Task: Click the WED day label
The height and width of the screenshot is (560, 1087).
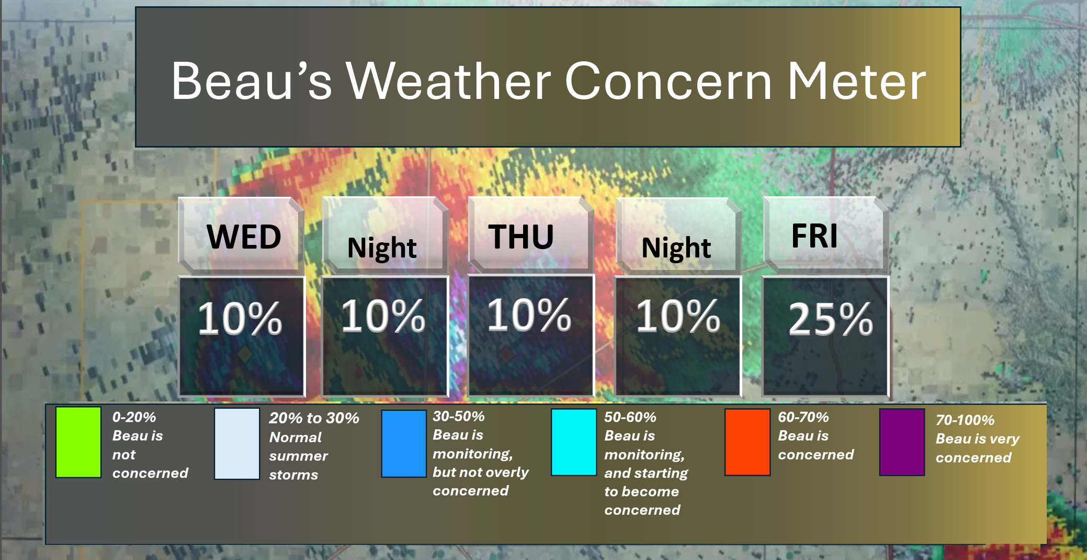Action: click(244, 237)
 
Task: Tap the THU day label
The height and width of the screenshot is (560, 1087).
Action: click(521, 237)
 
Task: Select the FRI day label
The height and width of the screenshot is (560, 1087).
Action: click(814, 236)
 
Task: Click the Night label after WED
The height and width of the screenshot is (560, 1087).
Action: click(382, 248)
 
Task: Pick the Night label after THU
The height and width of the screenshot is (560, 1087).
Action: click(676, 248)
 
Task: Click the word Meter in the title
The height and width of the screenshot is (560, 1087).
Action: click(856, 81)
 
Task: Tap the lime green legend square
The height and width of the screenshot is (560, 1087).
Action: click(78, 442)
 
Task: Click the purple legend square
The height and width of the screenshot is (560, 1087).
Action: click(902, 442)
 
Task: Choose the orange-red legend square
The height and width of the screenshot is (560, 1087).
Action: click(747, 442)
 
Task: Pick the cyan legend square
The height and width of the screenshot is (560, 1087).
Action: click(574, 442)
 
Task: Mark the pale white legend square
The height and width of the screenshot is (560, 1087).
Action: click(237, 443)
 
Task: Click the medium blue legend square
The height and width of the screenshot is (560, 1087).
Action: click(404, 444)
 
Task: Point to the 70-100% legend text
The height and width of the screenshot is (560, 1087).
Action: click(965, 420)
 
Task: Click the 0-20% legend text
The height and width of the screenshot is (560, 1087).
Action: click(134, 417)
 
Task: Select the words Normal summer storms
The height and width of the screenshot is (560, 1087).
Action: click(298, 456)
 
